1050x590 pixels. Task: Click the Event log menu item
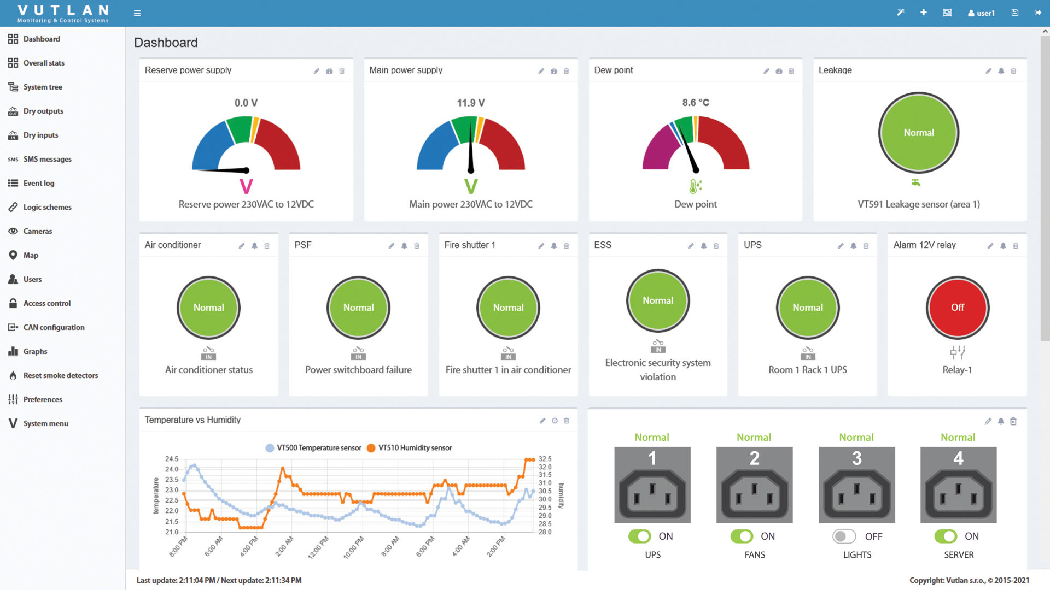(x=38, y=183)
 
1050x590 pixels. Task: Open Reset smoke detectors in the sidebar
(x=60, y=375)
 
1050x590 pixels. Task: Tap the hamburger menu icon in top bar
(x=137, y=13)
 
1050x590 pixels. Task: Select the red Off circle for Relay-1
(x=957, y=308)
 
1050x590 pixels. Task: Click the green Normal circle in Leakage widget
(x=919, y=133)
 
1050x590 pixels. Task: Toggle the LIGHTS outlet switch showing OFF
(x=844, y=536)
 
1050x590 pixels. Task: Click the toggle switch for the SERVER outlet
(x=946, y=536)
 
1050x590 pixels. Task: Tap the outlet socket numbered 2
(x=754, y=485)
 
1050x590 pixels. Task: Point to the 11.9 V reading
(x=471, y=103)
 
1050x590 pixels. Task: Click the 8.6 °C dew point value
(x=696, y=103)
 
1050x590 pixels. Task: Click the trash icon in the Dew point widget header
(x=791, y=71)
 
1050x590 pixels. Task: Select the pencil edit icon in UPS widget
(x=841, y=246)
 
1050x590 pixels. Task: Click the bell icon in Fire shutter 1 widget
(x=553, y=246)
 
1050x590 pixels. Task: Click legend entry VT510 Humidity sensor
(x=415, y=448)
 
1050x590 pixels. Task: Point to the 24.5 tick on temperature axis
(x=172, y=459)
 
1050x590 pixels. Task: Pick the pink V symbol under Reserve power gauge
(x=246, y=187)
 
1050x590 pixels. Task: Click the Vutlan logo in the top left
(x=63, y=13)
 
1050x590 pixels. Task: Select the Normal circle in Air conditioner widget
(x=208, y=308)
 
